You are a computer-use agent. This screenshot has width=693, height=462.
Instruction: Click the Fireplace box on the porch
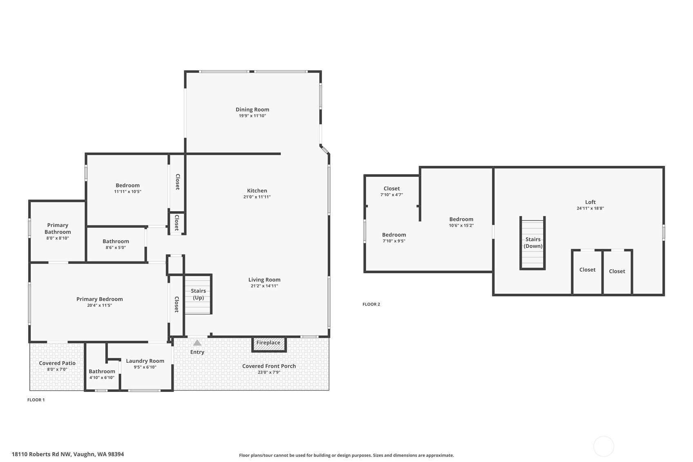pyautogui.click(x=269, y=344)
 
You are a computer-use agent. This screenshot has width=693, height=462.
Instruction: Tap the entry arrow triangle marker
pyautogui.click(x=197, y=343)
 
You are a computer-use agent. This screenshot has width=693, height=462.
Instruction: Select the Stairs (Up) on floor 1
pyautogui.click(x=198, y=294)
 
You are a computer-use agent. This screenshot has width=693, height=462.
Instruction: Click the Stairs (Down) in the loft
pyautogui.click(x=533, y=243)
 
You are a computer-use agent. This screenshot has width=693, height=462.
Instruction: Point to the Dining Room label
pyautogui.click(x=252, y=109)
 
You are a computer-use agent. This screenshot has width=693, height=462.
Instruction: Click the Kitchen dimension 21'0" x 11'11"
pyautogui.click(x=257, y=197)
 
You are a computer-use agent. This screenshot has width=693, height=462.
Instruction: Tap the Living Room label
pyautogui.click(x=264, y=280)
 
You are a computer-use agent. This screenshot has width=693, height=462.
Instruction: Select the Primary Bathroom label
pyautogui.click(x=58, y=228)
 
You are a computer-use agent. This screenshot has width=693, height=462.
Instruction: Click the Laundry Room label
pyautogui.click(x=145, y=361)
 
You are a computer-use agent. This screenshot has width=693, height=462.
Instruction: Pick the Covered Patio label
pyautogui.click(x=57, y=363)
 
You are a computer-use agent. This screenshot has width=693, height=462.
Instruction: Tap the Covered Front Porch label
pyautogui.click(x=269, y=366)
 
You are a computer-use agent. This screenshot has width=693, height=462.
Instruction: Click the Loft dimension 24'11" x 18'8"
pyautogui.click(x=590, y=208)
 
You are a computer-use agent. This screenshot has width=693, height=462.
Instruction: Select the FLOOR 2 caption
pyautogui.click(x=371, y=304)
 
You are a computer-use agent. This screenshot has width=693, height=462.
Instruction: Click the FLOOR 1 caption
pyautogui.click(x=36, y=400)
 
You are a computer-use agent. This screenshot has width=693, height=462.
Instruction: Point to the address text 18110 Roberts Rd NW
pyautogui.click(x=68, y=454)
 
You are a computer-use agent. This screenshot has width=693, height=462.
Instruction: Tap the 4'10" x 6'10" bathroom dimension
pyautogui.click(x=102, y=377)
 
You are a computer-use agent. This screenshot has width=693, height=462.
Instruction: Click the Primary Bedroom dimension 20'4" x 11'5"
pyautogui.click(x=99, y=306)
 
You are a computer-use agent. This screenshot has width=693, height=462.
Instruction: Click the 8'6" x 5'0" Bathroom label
pyautogui.click(x=116, y=241)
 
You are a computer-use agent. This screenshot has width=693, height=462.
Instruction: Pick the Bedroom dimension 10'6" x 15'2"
pyautogui.click(x=461, y=225)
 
